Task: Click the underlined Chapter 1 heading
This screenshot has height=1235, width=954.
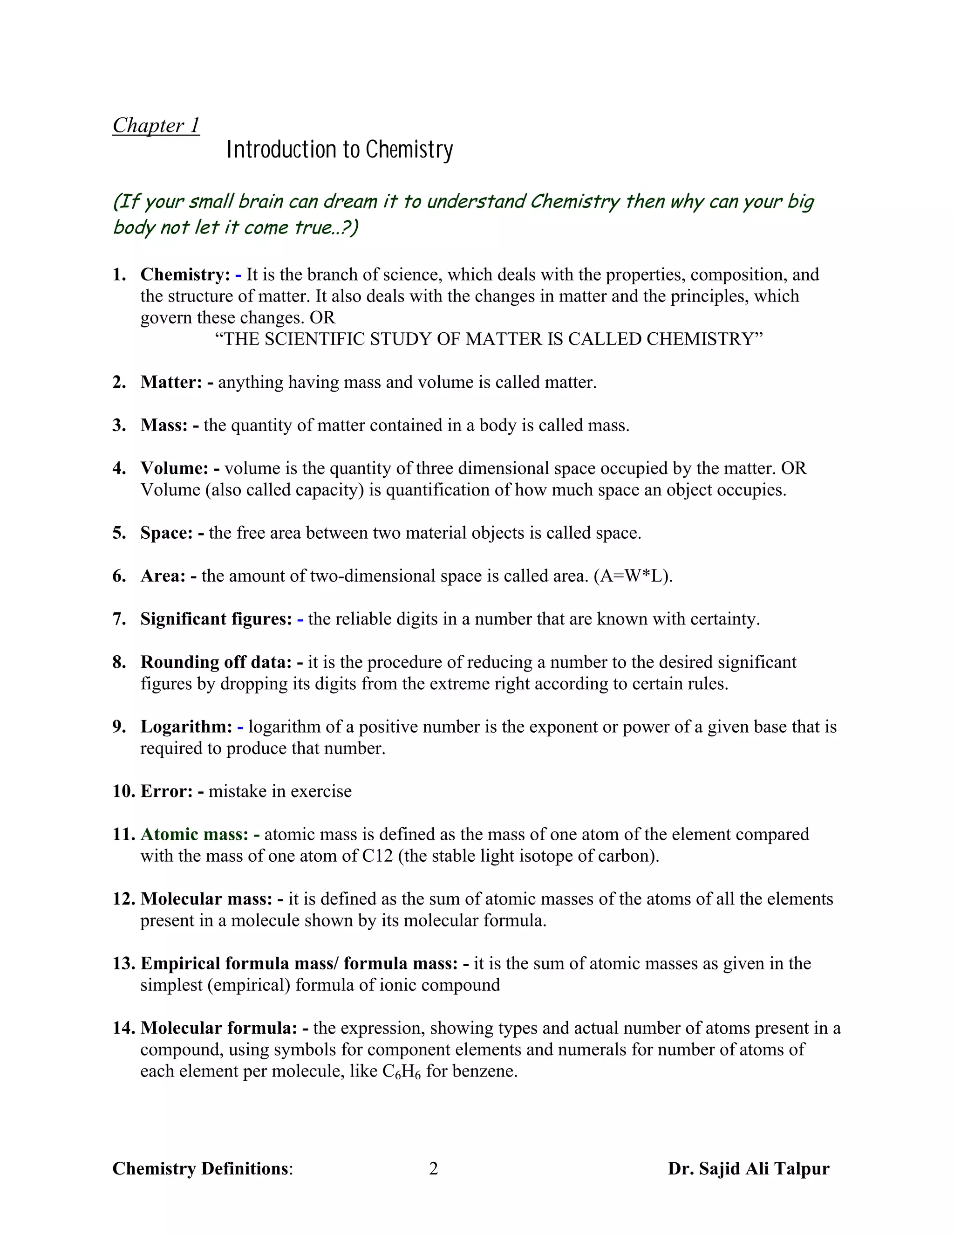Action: pyautogui.click(x=156, y=125)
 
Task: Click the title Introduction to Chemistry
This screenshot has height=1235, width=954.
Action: pyautogui.click(x=340, y=150)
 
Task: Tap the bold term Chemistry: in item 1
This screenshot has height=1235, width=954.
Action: pyautogui.click(x=185, y=275)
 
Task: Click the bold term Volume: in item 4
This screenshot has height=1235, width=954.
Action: pyautogui.click(x=175, y=468)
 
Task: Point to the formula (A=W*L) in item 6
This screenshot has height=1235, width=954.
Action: pyautogui.click(x=633, y=576)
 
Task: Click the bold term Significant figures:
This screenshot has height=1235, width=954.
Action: pyautogui.click(x=216, y=619)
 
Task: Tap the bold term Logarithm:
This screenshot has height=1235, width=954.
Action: pyautogui.click(x=186, y=727)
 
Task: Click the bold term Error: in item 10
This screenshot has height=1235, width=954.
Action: pyautogui.click(x=167, y=791)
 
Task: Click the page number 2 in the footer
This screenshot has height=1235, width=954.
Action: pyautogui.click(x=434, y=1168)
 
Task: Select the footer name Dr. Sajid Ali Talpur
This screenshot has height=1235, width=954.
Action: pyautogui.click(x=748, y=1168)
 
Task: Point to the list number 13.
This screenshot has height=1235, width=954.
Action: pyautogui.click(x=122, y=964)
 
